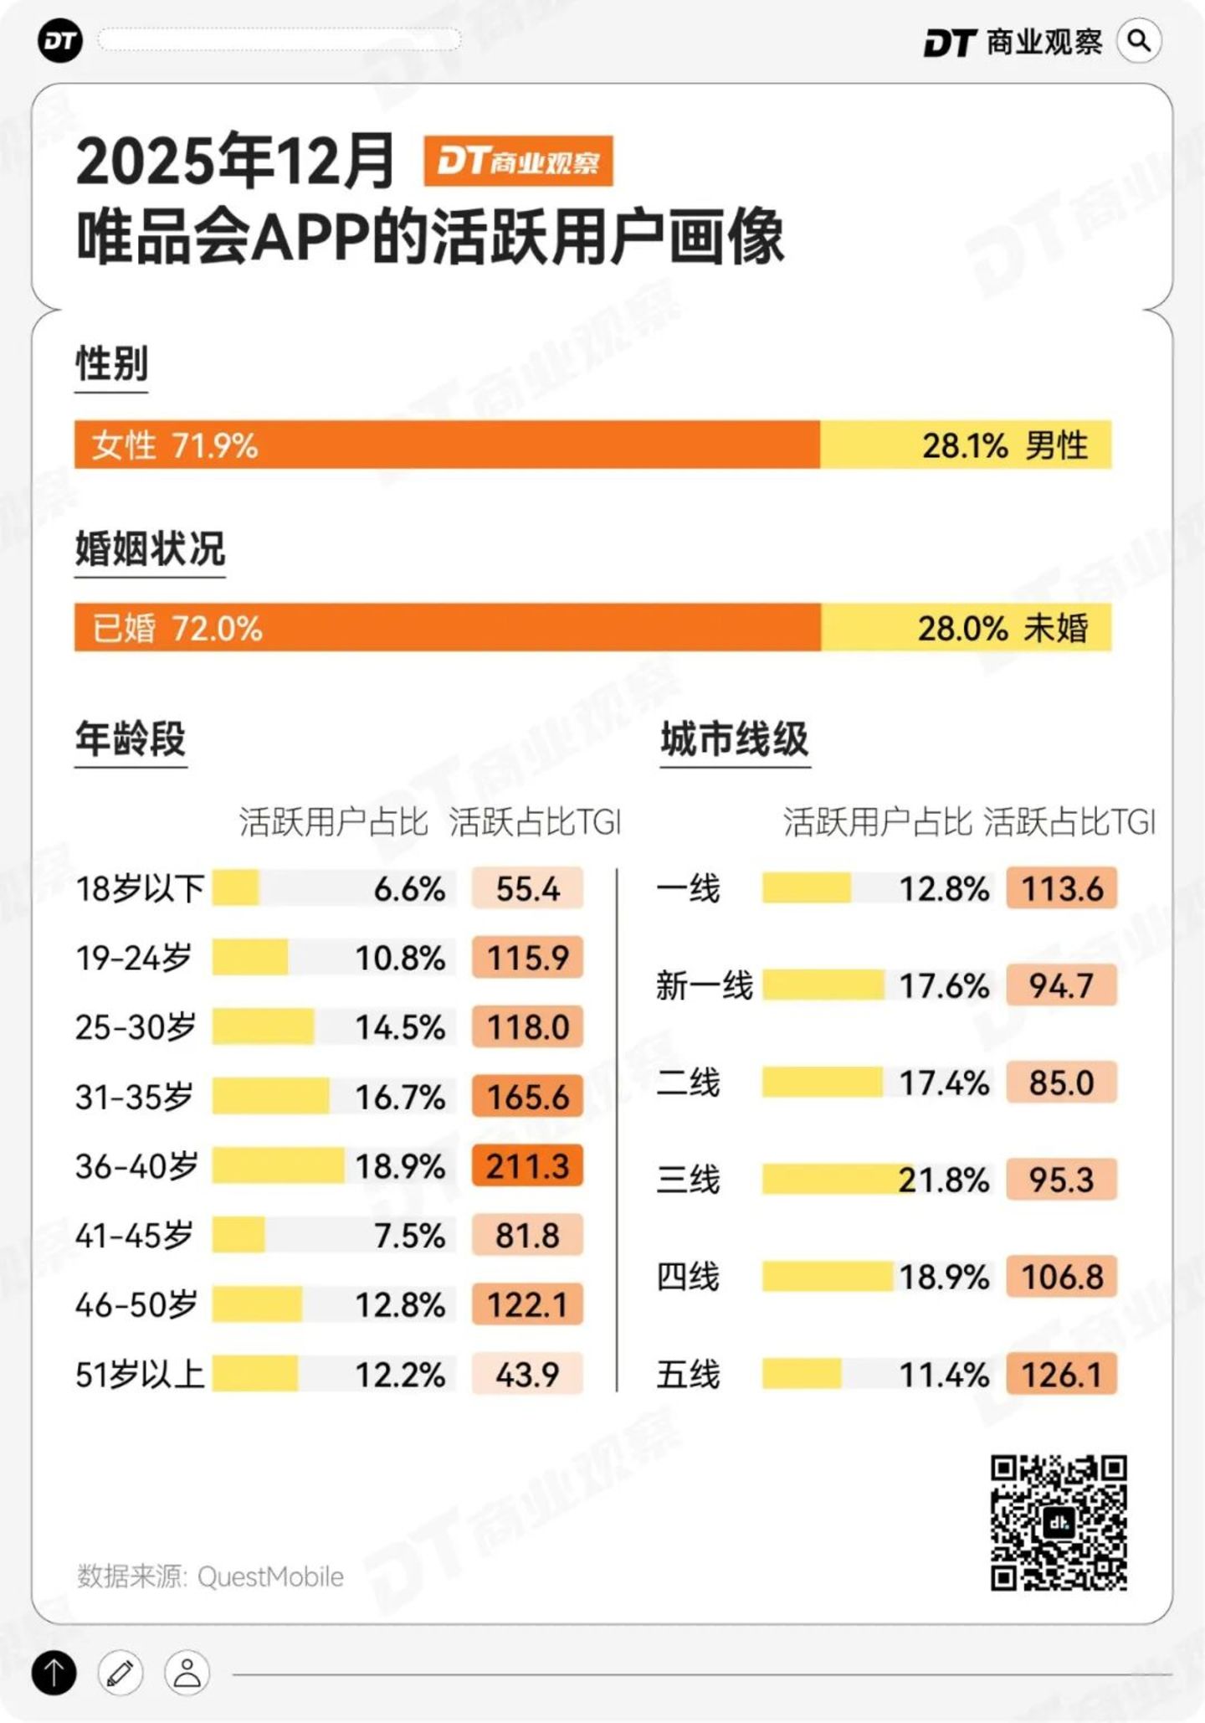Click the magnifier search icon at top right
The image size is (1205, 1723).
pyautogui.click(x=1139, y=41)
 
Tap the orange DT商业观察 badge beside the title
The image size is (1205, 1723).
pyautogui.click(x=518, y=161)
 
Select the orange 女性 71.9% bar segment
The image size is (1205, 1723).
pyautogui.click(x=447, y=445)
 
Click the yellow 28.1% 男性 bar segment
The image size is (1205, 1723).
pyautogui.click(x=966, y=445)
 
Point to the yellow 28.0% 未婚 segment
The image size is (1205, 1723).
pyautogui.click(x=966, y=627)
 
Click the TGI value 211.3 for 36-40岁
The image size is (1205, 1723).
pyautogui.click(x=527, y=1165)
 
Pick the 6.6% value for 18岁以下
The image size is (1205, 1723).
pyautogui.click(x=409, y=888)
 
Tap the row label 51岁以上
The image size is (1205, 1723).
pyautogui.click(x=140, y=1374)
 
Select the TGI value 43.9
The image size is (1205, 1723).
pyautogui.click(x=527, y=1374)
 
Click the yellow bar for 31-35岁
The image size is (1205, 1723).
pyautogui.click(x=270, y=1096)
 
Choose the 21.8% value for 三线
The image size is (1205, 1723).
pyautogui.click(x=943, y=1180)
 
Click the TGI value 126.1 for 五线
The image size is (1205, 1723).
pyautogui.click(x=1061, y=1374)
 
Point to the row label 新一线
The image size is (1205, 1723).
pyautogui.click(x=705, y=985)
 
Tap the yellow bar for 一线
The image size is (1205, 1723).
pyautogui.click(x=806, y=888)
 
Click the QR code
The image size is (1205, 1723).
pyautogui.click(x=1059, y=1522)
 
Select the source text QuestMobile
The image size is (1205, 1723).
pyautogui.click(x=270, y=1576)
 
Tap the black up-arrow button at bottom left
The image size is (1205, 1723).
pyautogui.click(x=54, y=1673)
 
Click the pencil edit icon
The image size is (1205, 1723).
pyautogui.click(x=120, y=1673)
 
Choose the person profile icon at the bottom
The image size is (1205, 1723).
pyautogui.click(x=187, y=1673)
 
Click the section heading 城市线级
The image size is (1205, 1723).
pyautogui.click(x=734, y=739)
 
